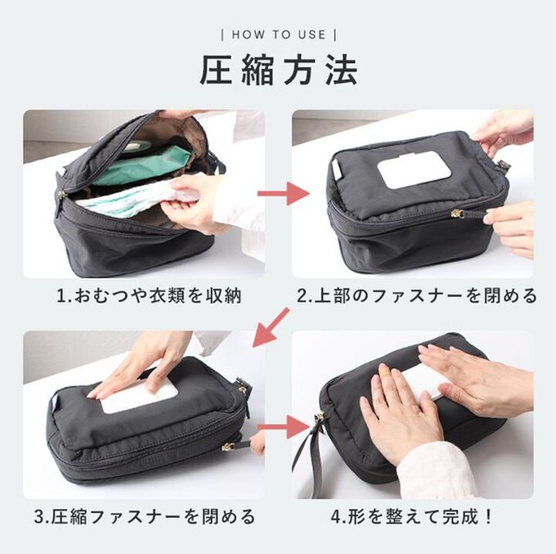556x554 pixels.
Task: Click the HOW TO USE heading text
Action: tap(279, 34)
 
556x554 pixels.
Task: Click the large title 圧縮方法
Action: tap(278, 70)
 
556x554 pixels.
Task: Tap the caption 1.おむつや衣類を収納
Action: tap(149, 295)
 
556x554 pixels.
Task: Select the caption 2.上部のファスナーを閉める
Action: tap(417, 295)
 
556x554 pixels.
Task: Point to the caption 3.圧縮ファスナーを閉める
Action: tap(145, 516)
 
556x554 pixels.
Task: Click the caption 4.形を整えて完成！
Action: tap(412, 516)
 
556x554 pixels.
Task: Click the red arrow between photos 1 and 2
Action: tap(283, 193)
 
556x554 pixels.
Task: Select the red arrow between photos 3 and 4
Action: tap(284, 426)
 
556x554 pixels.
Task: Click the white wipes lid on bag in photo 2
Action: tap(409, 169)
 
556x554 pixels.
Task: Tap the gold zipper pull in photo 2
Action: tap(455, 214)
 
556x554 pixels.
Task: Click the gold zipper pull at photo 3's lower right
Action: tap(227, 447)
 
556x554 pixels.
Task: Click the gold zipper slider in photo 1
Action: tap(62, 195)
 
